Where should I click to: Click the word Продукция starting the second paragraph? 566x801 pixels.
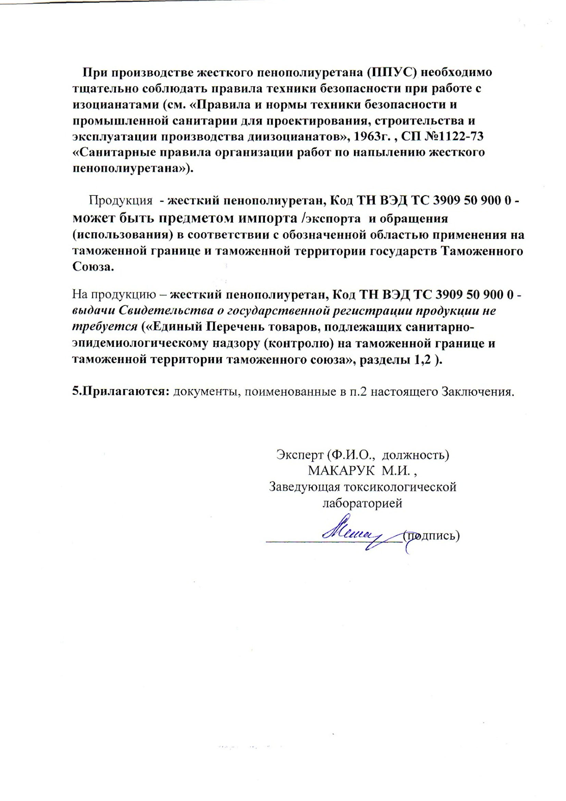pos(121,201)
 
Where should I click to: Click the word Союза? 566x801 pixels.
pos(93,267)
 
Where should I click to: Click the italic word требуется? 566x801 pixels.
pos(105,326)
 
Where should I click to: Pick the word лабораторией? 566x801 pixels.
pos(362,503)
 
